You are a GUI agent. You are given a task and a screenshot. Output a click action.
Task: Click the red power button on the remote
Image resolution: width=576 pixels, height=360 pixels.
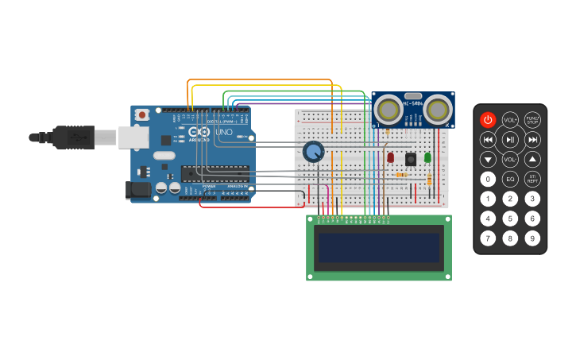488,120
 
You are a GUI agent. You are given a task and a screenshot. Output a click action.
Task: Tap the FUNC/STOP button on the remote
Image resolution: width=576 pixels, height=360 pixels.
532,120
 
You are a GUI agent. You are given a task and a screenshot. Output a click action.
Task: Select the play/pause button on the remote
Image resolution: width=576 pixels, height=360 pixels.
510,140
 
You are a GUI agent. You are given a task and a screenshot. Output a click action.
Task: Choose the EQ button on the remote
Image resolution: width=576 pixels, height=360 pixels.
510,179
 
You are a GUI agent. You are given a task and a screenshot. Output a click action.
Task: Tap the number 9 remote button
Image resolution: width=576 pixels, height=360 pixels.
532,238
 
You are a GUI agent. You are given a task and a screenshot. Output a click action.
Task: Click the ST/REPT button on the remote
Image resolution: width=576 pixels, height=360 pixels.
532,179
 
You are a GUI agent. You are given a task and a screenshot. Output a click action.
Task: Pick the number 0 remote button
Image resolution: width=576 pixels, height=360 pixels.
488,179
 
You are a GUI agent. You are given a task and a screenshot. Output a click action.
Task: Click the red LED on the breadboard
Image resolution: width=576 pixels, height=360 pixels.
390,157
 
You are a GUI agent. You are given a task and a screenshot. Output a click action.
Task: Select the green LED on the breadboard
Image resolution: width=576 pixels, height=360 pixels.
427,157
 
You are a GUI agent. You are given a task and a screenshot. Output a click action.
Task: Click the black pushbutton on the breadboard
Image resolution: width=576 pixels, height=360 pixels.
411,158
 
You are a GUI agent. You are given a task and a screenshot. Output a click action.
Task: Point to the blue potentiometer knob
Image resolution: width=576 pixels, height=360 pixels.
313,151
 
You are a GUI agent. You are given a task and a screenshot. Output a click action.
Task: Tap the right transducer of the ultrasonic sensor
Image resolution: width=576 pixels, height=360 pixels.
437,109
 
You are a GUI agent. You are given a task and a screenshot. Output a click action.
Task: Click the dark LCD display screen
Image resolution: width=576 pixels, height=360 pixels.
379,247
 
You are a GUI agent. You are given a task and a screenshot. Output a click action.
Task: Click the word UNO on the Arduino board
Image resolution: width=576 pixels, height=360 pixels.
224,132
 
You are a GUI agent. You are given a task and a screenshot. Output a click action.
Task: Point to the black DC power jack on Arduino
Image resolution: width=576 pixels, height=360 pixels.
137,190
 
